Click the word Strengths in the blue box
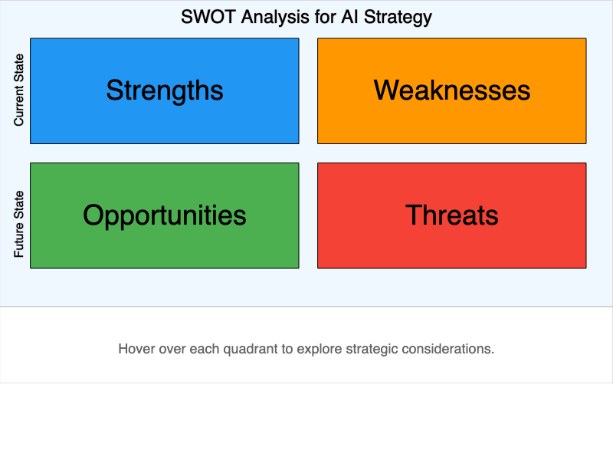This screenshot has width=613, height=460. [x=165, y=90]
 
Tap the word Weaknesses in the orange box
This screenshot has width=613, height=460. [x=452, y=90]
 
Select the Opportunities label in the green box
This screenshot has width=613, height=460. [x=165, y=215]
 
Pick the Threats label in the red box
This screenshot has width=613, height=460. [x=452, y=215]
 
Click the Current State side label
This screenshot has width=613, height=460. [x=19, y=90]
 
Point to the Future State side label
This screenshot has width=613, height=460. [x=19, y=224]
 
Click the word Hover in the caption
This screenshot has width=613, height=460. [x=136, y=349]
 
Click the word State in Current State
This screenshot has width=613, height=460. [x=19, y=67]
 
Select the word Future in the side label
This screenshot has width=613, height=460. [x=19, y=239]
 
